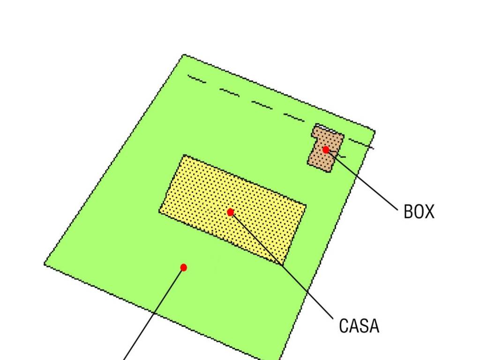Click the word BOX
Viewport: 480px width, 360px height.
pos(419,211)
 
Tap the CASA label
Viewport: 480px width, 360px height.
pos(359,326)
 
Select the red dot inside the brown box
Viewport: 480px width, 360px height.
pos(326,150)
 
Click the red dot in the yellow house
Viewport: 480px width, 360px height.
pos(231,212)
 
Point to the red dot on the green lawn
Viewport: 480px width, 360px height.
pos(184,268)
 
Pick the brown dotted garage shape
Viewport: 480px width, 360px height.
pos(325,149)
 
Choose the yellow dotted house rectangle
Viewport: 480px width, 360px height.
pos(232,210)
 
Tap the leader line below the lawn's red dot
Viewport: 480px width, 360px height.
pos(153,314)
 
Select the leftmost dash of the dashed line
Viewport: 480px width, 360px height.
pos(197,79)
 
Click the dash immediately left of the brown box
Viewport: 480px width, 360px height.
pos(294,118)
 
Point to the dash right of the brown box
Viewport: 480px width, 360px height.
pos(361,144)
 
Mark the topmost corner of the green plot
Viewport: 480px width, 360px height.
pos(184,55)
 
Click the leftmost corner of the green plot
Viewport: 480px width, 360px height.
pos(45,264)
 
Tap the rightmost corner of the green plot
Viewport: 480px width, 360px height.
pos(375,132)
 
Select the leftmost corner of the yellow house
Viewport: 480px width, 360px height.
pos(159,210)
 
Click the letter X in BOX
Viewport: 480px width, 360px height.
pos(429,211)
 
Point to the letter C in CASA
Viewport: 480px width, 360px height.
pos(344,326)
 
